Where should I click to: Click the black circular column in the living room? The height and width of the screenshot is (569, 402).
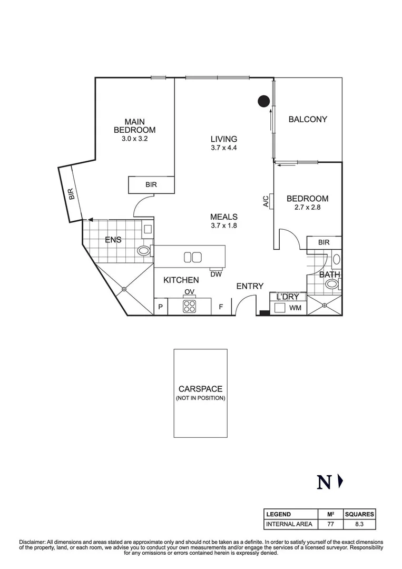coord(263,101)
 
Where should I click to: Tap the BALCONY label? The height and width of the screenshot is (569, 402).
coord(308,120)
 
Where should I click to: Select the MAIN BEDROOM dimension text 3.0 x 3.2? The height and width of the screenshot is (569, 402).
coord(135,140)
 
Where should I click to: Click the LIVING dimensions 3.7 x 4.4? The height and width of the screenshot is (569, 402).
coord(224,148)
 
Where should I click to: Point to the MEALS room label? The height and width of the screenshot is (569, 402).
coord(224,217)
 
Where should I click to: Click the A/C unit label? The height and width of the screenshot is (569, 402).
coord(266,201)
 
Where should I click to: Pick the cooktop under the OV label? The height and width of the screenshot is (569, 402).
coord(190,306)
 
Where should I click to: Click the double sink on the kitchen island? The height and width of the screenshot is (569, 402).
coord(192,258)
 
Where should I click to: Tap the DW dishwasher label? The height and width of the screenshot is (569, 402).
coord(215,274)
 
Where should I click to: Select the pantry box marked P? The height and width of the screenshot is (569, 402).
coord(160,307)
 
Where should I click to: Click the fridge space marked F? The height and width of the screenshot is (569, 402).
coord(221,307)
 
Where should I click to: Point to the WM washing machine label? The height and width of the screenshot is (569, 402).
coord(295,308)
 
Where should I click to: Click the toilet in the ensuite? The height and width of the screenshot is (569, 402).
coord(144,251)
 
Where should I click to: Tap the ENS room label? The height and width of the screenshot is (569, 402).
coord(113,240)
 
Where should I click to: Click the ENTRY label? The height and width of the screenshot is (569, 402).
coord(250,286)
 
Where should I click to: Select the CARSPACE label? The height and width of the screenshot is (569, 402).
coord(200,389)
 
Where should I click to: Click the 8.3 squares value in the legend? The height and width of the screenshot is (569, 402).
coord(359,524)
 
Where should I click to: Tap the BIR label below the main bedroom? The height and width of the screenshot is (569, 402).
coord(151,185)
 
